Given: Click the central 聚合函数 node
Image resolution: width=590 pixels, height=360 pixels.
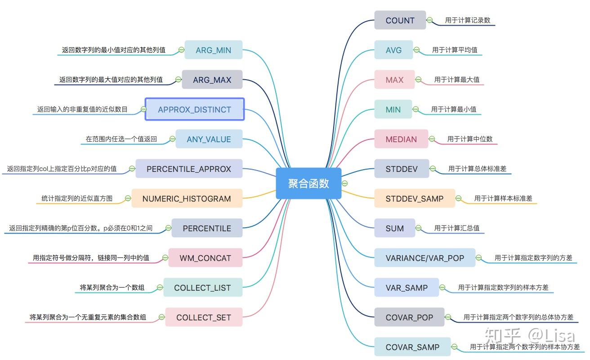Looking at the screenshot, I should [x=308, y=183].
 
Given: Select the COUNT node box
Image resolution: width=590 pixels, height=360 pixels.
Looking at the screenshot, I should [x=400, y=20].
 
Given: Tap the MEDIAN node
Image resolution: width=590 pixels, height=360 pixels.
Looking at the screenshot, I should [x=401, y=139].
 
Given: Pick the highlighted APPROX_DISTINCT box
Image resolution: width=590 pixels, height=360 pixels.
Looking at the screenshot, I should [x=194, y=109].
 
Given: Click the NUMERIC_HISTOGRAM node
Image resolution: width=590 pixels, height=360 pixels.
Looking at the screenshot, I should [x=187, y=198].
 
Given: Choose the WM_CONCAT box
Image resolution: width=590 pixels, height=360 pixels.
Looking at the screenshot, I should [x=205, y=258].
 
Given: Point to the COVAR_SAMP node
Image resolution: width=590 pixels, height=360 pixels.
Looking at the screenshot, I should [x=412, y=347].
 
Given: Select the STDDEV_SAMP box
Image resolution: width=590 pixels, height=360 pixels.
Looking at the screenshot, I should [x=414, y=198].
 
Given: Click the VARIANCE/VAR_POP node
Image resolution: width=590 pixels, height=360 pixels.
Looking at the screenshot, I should [x=425, y=258].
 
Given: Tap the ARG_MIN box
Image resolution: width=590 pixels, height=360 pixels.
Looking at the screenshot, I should [x=213, y=50].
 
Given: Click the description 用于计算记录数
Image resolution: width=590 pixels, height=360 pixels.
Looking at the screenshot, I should [x=467, y=20].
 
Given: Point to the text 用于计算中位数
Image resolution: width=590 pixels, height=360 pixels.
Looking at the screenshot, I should [x=469, y=139].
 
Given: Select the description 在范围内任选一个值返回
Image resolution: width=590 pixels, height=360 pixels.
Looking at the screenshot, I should [x=121, y=139].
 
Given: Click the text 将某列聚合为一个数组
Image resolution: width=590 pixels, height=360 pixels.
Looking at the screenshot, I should [x=112, y=287].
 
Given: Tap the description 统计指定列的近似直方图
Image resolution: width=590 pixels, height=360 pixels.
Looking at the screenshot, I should [x=77, y=198].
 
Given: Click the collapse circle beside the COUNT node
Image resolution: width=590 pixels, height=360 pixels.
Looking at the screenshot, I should [x=429, y=20].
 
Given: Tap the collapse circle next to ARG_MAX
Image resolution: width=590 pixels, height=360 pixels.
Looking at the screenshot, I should [x=178, y=80].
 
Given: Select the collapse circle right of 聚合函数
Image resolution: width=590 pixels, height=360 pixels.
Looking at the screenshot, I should [x=345, y=183].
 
